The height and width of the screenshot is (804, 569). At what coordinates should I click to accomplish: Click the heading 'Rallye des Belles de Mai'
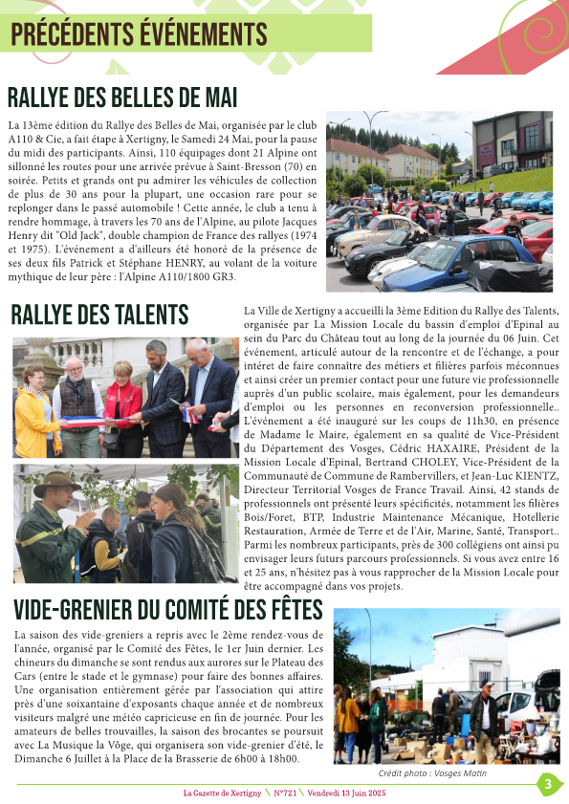(x=121, y=98)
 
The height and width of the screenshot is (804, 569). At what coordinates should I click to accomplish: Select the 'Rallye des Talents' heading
(x=99, y=315)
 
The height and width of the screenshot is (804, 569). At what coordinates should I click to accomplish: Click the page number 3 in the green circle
(x=548, y=785)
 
